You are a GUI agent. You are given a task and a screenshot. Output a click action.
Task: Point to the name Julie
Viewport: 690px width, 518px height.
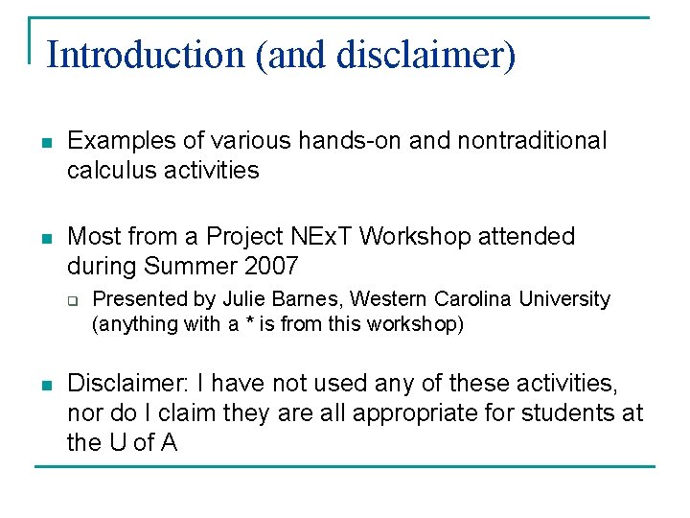point(242,299)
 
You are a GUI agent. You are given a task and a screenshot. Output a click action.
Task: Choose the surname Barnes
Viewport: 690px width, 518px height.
point(299,299)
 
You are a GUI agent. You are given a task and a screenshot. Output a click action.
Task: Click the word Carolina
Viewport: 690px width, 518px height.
point(469,299)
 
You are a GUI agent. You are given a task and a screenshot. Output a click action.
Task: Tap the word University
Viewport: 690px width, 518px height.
point(564,299)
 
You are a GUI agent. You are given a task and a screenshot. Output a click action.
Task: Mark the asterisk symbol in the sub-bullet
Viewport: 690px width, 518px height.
point(249,324)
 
